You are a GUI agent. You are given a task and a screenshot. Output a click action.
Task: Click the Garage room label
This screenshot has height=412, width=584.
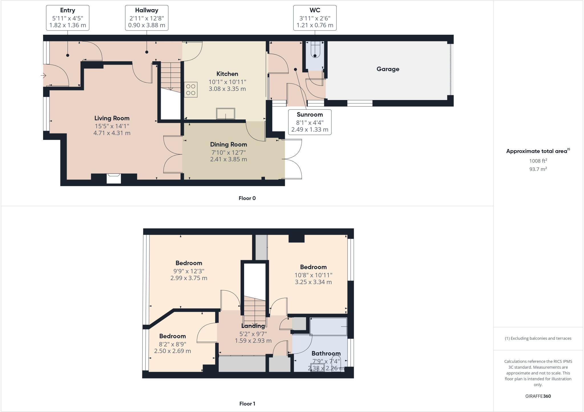[388, 69]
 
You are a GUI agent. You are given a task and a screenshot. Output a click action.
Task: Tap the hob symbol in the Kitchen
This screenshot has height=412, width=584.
[191, 89]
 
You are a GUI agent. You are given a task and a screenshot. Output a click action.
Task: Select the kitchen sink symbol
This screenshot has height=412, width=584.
[226, 114]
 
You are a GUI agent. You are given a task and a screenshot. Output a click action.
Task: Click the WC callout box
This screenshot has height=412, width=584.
[315, 18]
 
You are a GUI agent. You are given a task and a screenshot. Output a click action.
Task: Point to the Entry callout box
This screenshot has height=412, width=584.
[68, 18]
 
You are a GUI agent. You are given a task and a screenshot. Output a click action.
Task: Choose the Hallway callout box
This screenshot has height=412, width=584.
[147, 18]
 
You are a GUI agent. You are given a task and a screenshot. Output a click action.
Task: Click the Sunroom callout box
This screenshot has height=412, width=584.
[310, 122]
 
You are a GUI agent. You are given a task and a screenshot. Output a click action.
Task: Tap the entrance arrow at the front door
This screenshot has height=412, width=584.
[43, 76]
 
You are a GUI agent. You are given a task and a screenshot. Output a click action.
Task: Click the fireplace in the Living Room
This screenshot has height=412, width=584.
[114, 179]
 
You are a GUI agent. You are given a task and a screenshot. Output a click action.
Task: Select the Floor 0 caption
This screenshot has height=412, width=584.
[247, 198]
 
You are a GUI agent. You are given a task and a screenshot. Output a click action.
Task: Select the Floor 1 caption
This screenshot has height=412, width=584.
[247, 404]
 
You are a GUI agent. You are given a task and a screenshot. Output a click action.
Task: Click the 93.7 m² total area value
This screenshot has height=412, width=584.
[538, 169]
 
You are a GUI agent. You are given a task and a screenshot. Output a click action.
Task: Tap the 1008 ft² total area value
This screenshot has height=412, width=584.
[538, 161]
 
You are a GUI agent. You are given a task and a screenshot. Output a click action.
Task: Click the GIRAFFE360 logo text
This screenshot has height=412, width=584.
[538, 396]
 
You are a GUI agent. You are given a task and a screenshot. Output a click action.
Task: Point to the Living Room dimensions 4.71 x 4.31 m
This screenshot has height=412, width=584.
[112, 133]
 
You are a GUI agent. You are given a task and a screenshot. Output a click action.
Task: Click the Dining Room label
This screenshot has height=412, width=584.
[228, 144]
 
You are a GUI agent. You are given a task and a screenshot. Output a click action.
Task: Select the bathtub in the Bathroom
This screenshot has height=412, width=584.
[328, 327]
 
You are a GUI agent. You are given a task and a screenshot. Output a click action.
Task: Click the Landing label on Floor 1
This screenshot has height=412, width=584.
[253, 326]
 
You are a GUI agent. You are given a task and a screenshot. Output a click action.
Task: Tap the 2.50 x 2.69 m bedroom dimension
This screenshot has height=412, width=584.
[173, 351]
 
